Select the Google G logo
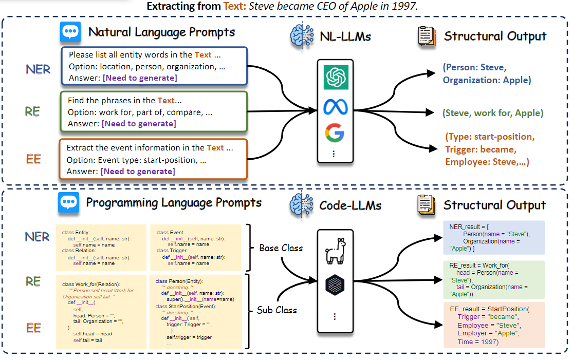click(335, 133)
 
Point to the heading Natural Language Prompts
click(161, 32)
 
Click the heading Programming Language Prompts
click(173, 202)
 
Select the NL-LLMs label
click(345, 36)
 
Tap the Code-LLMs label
click(350, 206)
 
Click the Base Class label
click(281, 248)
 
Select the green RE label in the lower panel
click(32, 281)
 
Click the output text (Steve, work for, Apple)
click(492, 113)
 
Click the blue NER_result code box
click(489, 238)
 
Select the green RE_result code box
click(489, 280)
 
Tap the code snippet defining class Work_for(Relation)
click(101, 312)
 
